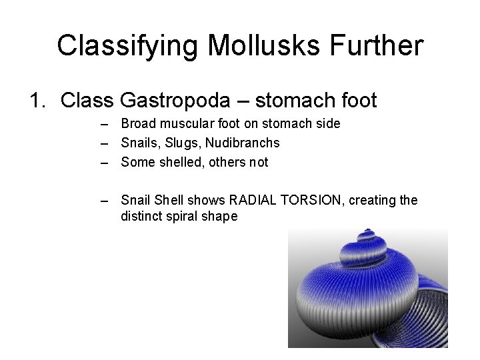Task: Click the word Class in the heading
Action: pyautogui.click(x=87, y=101)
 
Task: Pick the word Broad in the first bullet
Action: pyautogui.click(x=136, y=124)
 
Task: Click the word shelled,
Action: pyautogui.click(x=176, y=162)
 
